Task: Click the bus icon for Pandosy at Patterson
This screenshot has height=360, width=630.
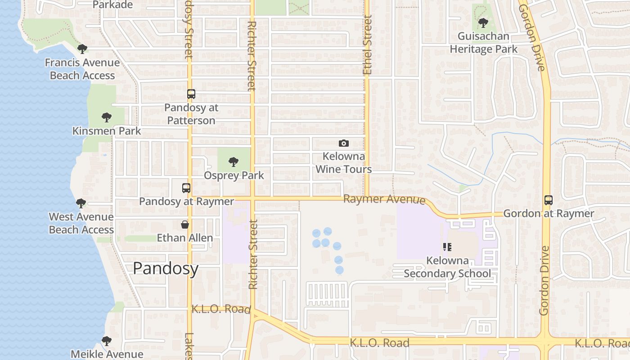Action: coord(191,94)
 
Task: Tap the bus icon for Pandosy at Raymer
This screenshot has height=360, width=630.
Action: coord(186,188)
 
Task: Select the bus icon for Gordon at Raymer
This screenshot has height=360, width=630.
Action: coord(548,200)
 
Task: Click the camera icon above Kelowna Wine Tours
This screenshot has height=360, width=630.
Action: coord(344,143)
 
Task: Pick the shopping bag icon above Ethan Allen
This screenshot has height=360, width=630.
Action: coord(184,224)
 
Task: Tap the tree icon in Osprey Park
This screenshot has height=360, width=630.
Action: coord(233,162)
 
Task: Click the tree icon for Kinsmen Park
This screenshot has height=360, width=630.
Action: coord(107,117)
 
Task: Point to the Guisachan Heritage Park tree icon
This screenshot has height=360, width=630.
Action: coord(483,22)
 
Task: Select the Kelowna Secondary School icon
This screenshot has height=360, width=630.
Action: coord(447,247)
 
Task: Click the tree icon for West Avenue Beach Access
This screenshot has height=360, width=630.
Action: coord(81,203)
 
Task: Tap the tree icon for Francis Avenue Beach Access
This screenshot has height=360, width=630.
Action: coord(82,49)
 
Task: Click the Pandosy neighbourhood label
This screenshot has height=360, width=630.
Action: coord(166,269)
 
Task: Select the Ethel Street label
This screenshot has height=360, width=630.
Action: coord(368,45)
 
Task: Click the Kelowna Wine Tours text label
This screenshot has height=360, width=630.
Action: coord(344,163)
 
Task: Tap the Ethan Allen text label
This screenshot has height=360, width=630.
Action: coord(184,238)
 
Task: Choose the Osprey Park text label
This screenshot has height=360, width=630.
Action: coord(234,175)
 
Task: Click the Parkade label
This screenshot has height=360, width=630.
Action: coord(112,5)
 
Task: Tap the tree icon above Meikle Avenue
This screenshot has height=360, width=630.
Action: coord(107,341)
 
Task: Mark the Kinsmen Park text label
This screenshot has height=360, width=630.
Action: coord(107,131)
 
